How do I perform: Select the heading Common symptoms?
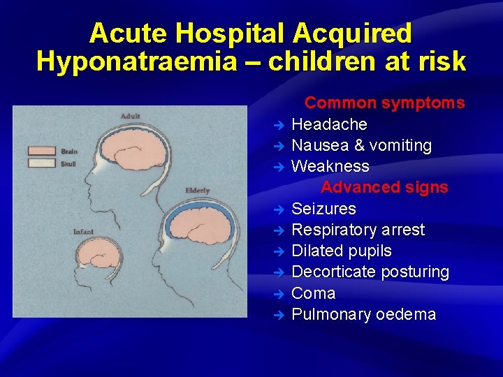[x=384, y=103]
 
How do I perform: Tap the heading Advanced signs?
[x=384, y=187]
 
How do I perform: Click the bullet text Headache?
[x=329, y=124]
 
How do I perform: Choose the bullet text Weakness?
[x=330, y=166]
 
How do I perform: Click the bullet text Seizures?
[x=323, y=209]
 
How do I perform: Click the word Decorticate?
[x=334, y=272]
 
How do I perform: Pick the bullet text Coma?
[x=313, y=293]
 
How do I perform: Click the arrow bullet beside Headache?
[x=278, y=125]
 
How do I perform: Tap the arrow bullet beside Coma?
[x=278, y=294]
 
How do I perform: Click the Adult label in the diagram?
[x=130, y=116]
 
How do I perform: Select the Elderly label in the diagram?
[x=198, y=191]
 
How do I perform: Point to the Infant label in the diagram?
[x=84, y=231]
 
